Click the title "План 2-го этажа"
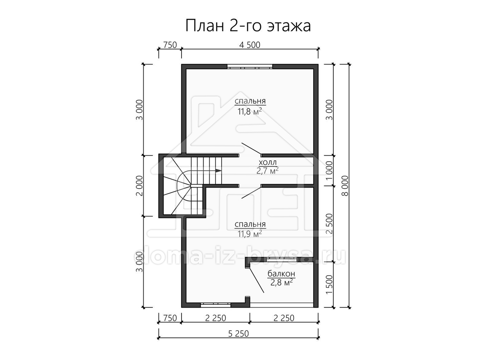coord(248,26)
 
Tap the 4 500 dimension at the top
coord(250,45)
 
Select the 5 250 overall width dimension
coord(238,334)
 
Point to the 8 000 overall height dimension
coord(345,186)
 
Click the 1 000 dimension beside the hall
coord(329,170)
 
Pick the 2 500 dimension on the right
coord(329,224)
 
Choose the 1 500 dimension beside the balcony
coord(329,284)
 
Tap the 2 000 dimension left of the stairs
coord(139,186)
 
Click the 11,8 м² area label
coord(250,112)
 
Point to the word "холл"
coord(268,162)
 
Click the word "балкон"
coord(282,274)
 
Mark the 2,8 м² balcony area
coord(282,283)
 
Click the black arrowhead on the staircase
coord(218,170)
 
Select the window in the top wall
coord(250,66)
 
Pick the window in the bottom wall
coord(216,305)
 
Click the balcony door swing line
coord(256,280)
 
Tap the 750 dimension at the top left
coord(170,45)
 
